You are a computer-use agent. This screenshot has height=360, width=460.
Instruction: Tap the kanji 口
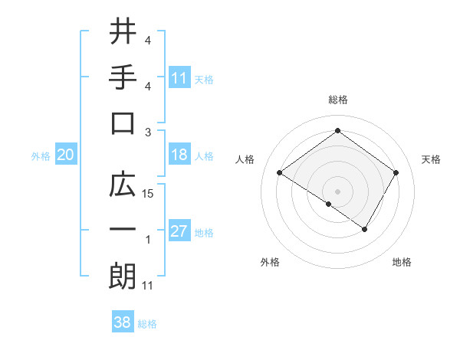pos(123,123)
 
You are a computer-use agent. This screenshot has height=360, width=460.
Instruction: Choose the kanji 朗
pos(123,276)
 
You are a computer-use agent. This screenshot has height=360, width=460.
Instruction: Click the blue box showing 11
pos(179,77)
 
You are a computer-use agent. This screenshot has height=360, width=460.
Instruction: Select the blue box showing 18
pos(179,155)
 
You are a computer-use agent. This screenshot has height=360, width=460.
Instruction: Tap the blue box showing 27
pos(179,231)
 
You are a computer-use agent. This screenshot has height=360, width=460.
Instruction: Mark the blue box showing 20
pos(65,155)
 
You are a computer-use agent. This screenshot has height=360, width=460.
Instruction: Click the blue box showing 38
pos(123,322)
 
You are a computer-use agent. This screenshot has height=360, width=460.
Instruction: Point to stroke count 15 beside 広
pos(149,194)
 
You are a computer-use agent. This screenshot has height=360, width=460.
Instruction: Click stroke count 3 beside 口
pos(149,132)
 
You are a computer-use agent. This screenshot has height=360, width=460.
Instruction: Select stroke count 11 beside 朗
pos(149,286)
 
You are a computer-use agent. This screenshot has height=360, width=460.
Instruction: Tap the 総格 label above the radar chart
pos(337,100)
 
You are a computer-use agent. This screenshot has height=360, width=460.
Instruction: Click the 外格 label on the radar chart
pos(270,262)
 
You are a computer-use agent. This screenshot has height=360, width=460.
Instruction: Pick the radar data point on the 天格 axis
pos(396,173)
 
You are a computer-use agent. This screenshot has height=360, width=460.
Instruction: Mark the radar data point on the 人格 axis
pos(280,173)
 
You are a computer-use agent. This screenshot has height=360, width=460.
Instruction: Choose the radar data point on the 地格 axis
pos(365,229)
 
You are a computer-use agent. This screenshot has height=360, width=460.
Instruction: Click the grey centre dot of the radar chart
pos(337,191)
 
